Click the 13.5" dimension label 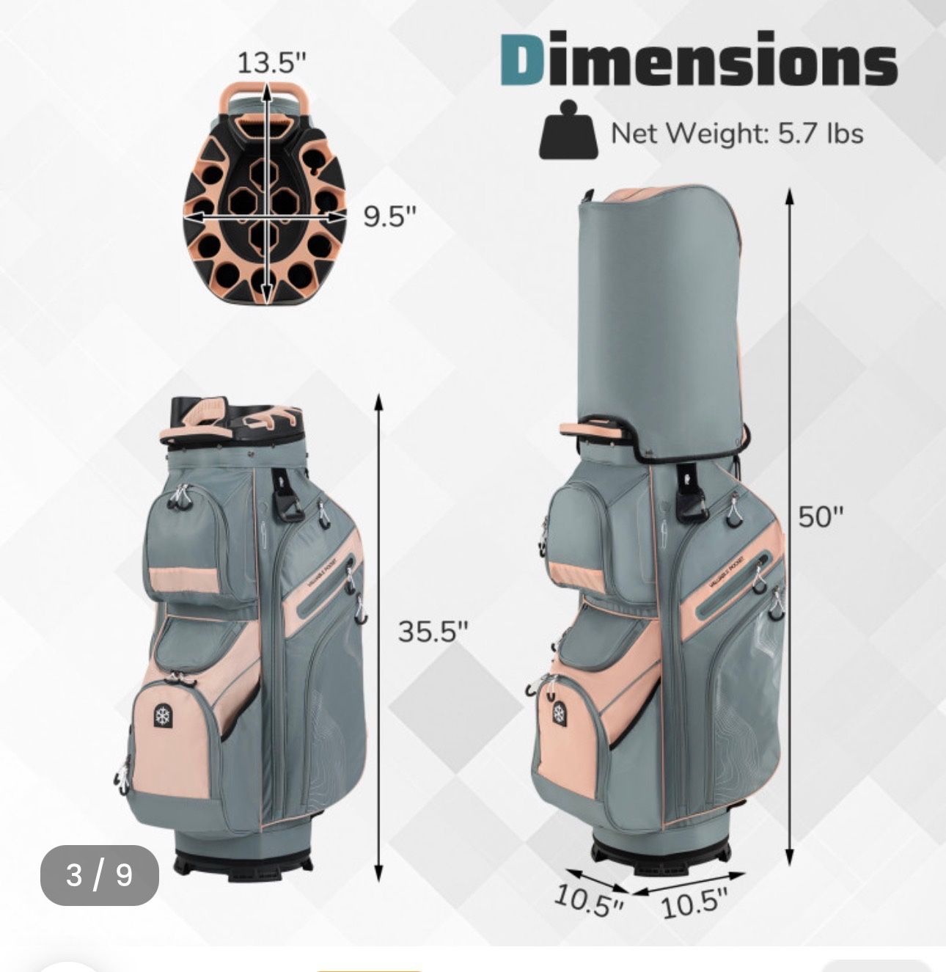(x=271, y=63)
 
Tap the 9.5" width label (x=389, y=217)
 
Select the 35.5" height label (x=433, y=632)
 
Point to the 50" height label (x=821, y=516)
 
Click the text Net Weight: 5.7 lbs (x=737, y=134)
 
